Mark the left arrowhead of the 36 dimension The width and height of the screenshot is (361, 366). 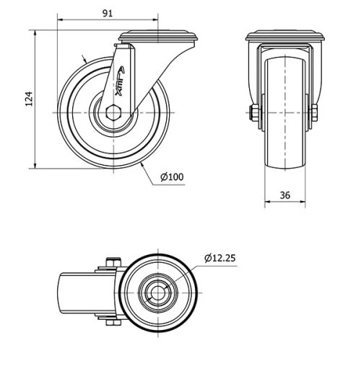tap(266, 202)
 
